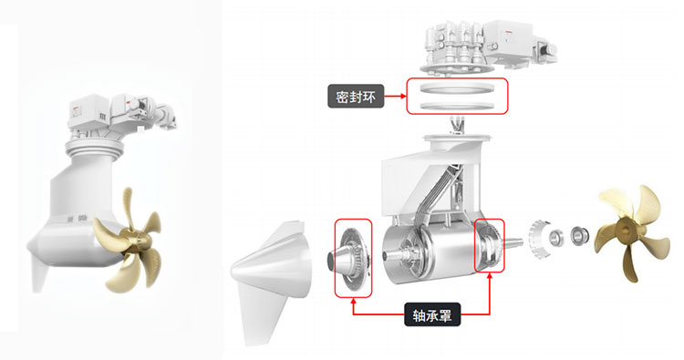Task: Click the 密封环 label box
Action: (356, 97)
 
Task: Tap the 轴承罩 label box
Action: (432, 314)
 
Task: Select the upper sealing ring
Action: (457, 88)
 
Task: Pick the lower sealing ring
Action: (457, 106)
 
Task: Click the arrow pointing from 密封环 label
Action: (395, 96)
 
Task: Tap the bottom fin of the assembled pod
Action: (39, 274)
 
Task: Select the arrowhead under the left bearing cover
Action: (353, 301)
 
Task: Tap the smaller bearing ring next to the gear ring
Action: (558, 238)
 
